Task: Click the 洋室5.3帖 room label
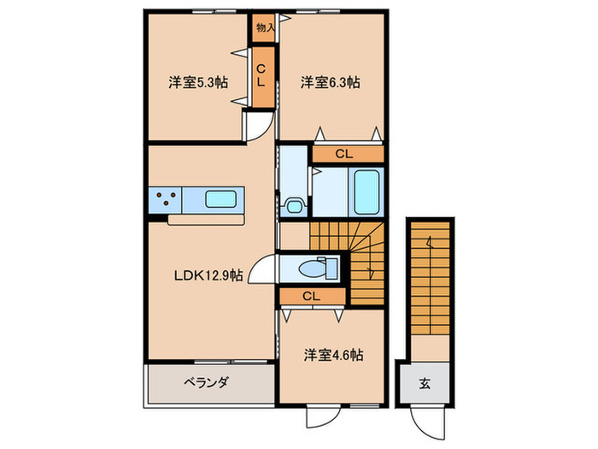point(196,83)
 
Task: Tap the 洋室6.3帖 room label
point(329,83)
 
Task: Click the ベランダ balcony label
point(204,382)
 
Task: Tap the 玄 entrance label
point(425,382)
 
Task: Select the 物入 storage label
point(265,27)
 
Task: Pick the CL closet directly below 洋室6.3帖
point(344,155)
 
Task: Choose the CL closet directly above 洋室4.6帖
point(312,296)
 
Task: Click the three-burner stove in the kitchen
point(167,200)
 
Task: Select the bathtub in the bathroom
point(367,192)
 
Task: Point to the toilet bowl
point(321,268)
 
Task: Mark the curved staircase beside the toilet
point(363,257)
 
